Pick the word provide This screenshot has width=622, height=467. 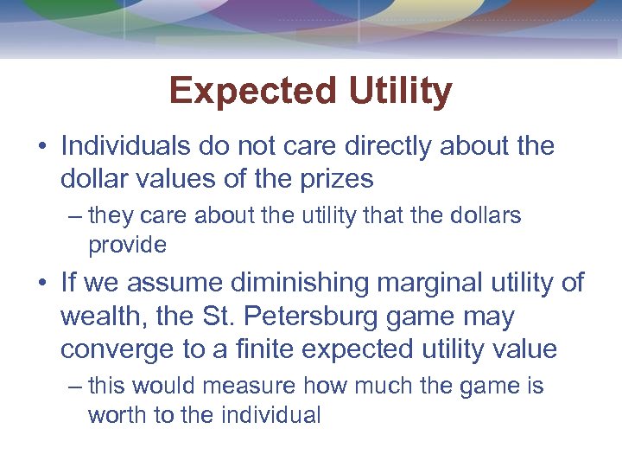pos(127,245)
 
